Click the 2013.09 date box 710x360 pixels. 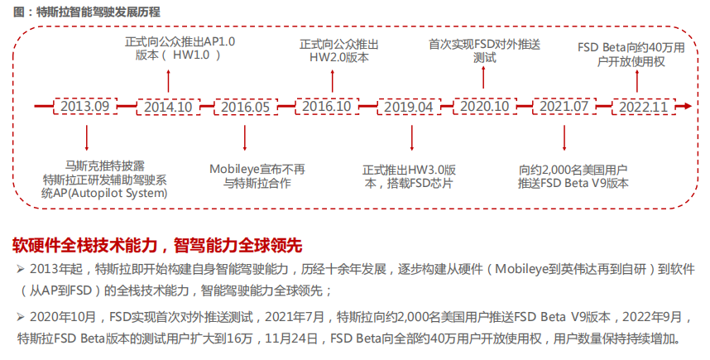pos(85,107)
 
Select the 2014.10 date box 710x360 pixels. pos(168,107)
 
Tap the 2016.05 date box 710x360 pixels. pos(246,107)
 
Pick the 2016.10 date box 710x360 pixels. pos(327,107)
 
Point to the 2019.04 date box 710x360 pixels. pos(409,107)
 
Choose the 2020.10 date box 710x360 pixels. pos(484,107)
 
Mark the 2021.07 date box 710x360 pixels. pos(564,107)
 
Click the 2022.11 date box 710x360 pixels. pos(644,107)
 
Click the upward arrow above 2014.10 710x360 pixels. pos(169,81)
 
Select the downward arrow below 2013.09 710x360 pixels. pos(87,138)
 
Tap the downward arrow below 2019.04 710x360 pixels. pos(411,138)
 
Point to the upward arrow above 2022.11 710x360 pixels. pos(637,81)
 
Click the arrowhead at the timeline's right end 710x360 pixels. pos(688,107)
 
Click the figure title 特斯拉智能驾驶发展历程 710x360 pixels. pos(98,12)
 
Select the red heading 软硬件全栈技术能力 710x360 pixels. pos(84,246)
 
